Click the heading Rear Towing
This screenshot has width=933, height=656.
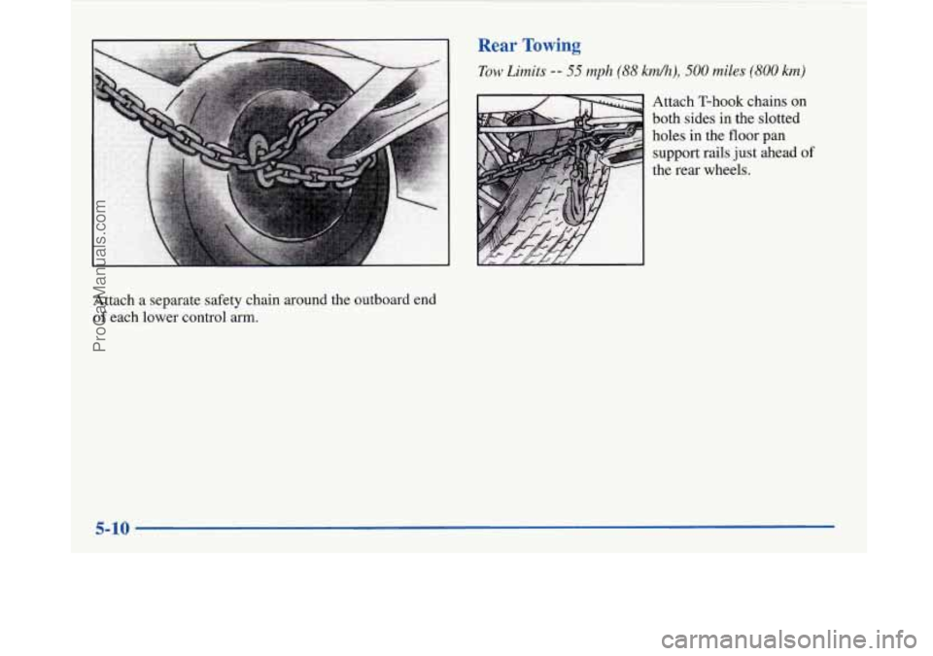tap(529, 46)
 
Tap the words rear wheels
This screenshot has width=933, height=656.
tap(713, 171)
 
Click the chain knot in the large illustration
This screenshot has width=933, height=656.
tap(259, 160)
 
